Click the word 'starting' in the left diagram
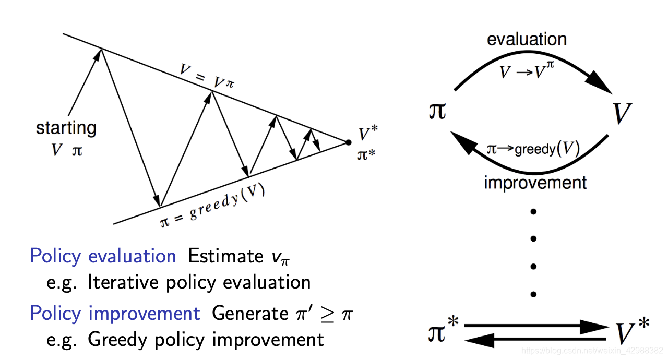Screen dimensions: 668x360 pyautogui.click(x=66, y=128)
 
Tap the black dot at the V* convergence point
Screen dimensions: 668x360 pyautogui.click(x=348, y=141)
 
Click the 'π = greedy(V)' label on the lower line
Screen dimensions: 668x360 pyautogui.click(x=213, y=205)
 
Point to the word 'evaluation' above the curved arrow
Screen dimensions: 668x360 pyautogui.click(x=527, y=39)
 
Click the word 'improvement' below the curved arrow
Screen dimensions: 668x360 pyautogui.click(x=535, y=183)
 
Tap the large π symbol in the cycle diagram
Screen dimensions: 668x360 pyautogui.click(x=437, y=111)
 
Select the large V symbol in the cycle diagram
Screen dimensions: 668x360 pyautogui.click(x=622, y=113)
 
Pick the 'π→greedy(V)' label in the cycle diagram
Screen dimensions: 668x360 pyautogui.click(x=532, y=150)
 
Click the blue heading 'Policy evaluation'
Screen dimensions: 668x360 pyautogui.click(x=103, y=256)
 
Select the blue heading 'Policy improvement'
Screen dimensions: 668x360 pyautogui.click(x=115, y=313)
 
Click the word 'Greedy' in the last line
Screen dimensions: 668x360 pyautogui.click(x=118, y=340)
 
